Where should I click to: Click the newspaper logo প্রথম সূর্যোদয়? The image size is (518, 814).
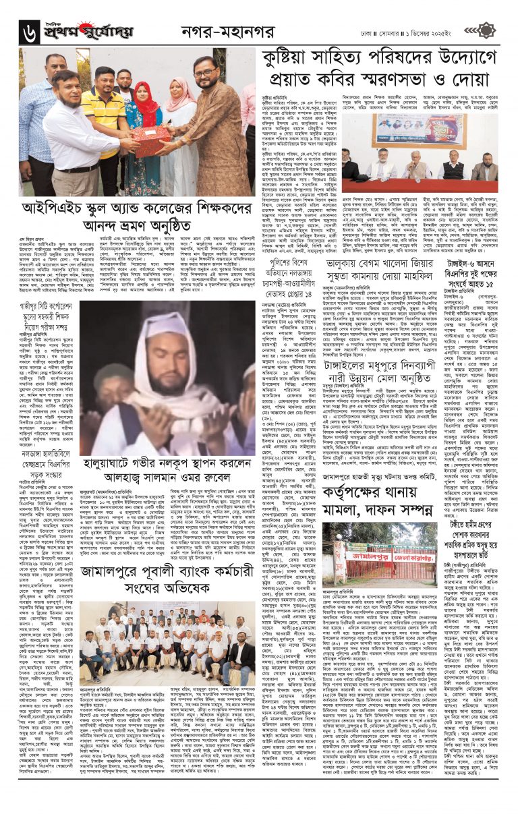88,31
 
